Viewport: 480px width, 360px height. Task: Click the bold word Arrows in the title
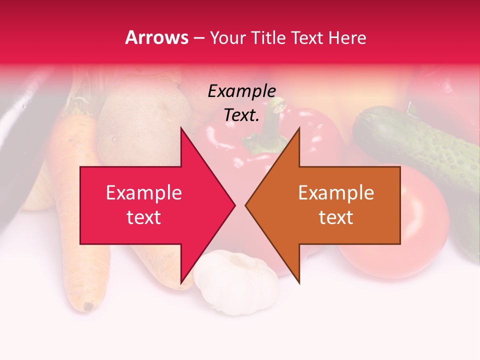click(x=157, y=37)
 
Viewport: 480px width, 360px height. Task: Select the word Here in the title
click(x=347, y=37)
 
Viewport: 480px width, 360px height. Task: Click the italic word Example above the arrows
click(x=241, y=91)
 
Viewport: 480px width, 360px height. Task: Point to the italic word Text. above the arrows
click(x=241, y=115)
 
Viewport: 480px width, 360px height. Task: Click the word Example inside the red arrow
click(x=144, y=193)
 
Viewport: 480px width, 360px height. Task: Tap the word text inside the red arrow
click(x=144, y=217)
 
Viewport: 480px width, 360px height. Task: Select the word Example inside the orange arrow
click(x=336, y=193)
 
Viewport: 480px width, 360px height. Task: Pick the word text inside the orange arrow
click(x=336, y=217)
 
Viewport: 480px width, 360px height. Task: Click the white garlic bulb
click(x=235, y=282)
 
